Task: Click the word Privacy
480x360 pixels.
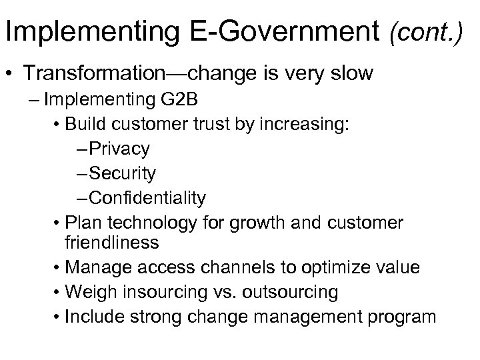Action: [119, 149]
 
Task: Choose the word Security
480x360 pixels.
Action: [123, 173]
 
